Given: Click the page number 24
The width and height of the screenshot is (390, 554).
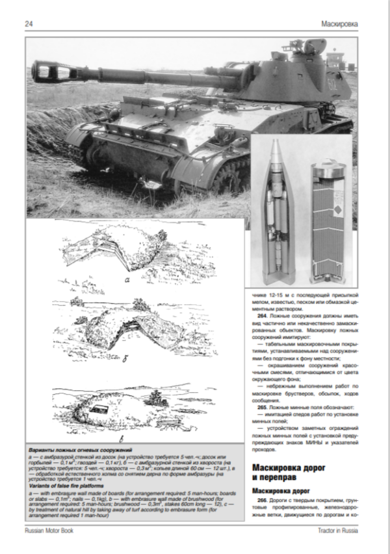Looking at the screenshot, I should [x=29, y=25].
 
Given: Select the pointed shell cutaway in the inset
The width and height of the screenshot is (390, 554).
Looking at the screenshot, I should [x=278, y=215].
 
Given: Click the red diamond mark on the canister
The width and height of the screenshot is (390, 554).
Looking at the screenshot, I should [x=339, y=209].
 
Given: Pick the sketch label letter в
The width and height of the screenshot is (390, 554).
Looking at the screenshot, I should [x=132, y=437].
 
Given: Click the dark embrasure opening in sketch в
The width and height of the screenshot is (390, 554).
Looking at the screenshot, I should [x=99, y=408].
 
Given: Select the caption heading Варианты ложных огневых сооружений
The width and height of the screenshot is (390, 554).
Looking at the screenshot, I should [x=81, y=450].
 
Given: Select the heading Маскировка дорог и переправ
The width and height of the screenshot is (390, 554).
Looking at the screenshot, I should [x=288, y=471].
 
